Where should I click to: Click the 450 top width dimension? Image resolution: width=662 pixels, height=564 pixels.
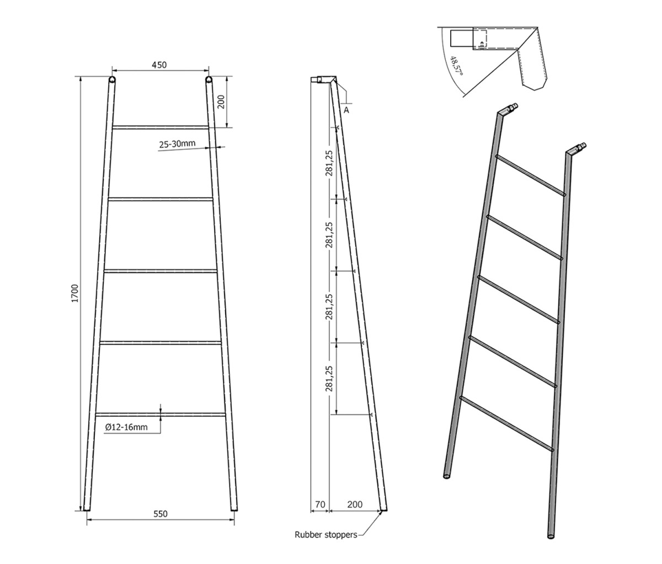159,65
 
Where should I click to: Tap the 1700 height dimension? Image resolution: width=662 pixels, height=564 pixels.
74,293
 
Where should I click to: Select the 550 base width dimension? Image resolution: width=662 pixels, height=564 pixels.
161,514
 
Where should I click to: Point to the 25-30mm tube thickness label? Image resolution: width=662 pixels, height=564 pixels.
177,144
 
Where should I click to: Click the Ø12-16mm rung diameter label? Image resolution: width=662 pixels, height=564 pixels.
126,427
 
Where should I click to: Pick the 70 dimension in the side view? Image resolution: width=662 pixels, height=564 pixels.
321,504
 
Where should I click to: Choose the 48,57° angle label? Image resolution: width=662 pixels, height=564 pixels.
457,66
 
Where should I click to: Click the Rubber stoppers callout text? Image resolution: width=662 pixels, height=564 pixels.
325,535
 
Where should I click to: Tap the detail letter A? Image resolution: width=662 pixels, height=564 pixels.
346,110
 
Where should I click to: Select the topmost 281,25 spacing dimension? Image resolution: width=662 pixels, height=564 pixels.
329,163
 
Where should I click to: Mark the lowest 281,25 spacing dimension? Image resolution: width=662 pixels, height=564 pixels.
329,379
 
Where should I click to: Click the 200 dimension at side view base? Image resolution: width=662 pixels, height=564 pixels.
355,504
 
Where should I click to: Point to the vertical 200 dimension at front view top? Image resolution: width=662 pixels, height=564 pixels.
221,102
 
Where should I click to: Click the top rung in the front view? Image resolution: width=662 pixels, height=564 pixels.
161,127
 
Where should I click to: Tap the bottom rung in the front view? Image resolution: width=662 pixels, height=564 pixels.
161,414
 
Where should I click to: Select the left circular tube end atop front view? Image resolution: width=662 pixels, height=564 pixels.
112,79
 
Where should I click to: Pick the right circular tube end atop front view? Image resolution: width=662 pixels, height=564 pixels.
209,79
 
